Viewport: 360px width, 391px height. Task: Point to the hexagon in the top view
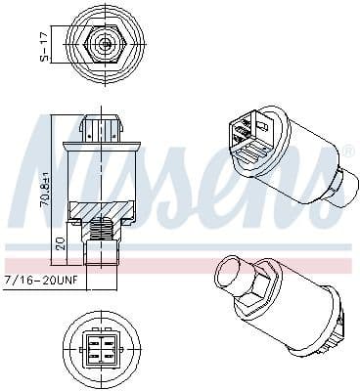tap(104, 42)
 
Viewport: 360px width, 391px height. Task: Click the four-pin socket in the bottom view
tap(105, 349)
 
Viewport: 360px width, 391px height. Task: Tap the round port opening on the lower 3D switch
tap(235, 272)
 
